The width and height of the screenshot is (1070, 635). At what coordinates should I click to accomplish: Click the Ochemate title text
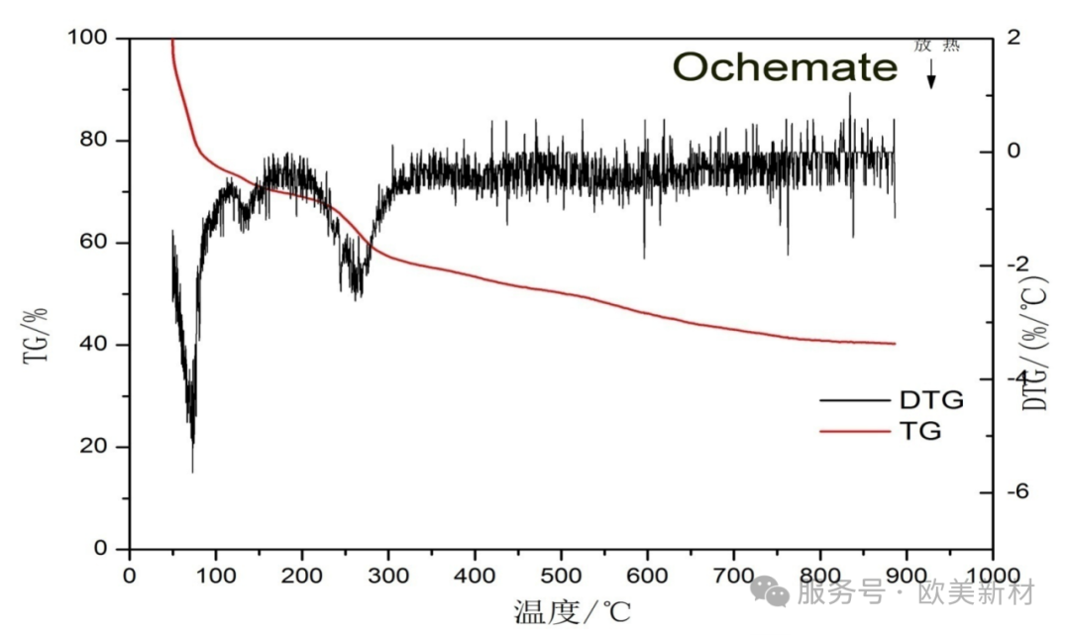tap(785, 67)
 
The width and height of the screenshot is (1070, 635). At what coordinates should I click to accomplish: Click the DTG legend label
tap(930, 400)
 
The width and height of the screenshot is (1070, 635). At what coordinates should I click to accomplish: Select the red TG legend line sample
tap(854, 431)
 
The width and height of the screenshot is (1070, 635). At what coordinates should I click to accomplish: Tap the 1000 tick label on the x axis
tap(992, 576)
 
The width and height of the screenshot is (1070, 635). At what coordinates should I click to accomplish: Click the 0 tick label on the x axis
tap(129, 576)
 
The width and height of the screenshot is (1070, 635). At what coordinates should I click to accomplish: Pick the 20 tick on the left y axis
tap(99, 447)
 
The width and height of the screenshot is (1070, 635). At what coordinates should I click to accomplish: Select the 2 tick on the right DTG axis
tap(1013, 38)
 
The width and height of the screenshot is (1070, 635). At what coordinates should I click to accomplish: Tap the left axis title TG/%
tap(36, 335)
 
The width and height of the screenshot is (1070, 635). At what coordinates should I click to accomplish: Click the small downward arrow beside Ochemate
tap(931, 75)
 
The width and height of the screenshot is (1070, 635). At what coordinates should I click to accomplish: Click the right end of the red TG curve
tap(894, 344)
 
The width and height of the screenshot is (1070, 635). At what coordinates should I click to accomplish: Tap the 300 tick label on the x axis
tap(387, 576)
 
